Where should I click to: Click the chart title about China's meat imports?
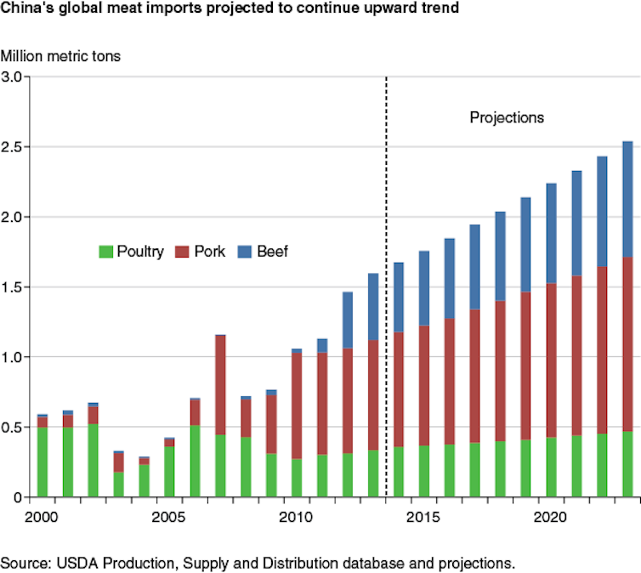point(230,9)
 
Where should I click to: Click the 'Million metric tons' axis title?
point(61,57)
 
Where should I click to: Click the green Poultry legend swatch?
point(106,252)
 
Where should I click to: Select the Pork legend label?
point(210,252)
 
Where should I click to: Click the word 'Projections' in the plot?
point(507,117)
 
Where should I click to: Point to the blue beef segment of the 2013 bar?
point(373,306)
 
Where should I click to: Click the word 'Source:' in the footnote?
point(24,563)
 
